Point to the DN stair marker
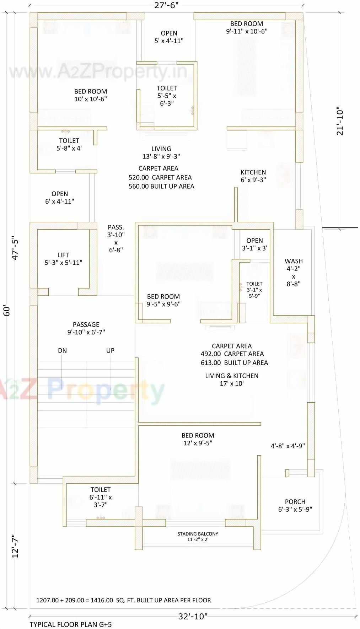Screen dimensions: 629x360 pyautogui.click(x=62, y=350)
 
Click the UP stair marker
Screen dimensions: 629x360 pyautogui.click(x=110, y=350)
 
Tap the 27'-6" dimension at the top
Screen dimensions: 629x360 pyautogui.click(x=166, y=5)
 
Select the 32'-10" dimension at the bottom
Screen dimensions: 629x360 pyautogui.click(x=193, y=616)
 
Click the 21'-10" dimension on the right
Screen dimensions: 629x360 pyautogui.click(x=340, y=121)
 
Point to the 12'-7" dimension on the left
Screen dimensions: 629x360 pyautogui.click(x=15, y=546)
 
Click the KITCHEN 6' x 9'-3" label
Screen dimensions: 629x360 pyautogui.click(x=253, y=176)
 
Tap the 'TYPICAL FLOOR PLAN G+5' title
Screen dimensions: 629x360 pyautogui.click(x=70, y=624)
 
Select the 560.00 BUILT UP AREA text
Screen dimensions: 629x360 pyautogui.click(x=161, y=186)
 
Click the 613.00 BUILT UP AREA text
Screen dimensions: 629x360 pyautogui.click(x=234, y=362)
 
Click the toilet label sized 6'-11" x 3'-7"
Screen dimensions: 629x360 pyautogui.click(x=101, y=497)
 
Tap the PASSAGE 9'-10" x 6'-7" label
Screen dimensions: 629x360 pyautogui.click(x=86, y=328)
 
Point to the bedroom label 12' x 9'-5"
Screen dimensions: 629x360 pyautogui.click(x=198, y=439)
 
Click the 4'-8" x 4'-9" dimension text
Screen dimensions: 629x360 pyautogui.click(x=288, y=446)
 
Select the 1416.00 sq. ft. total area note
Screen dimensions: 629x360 pyautogui.click(x=123, y=600)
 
